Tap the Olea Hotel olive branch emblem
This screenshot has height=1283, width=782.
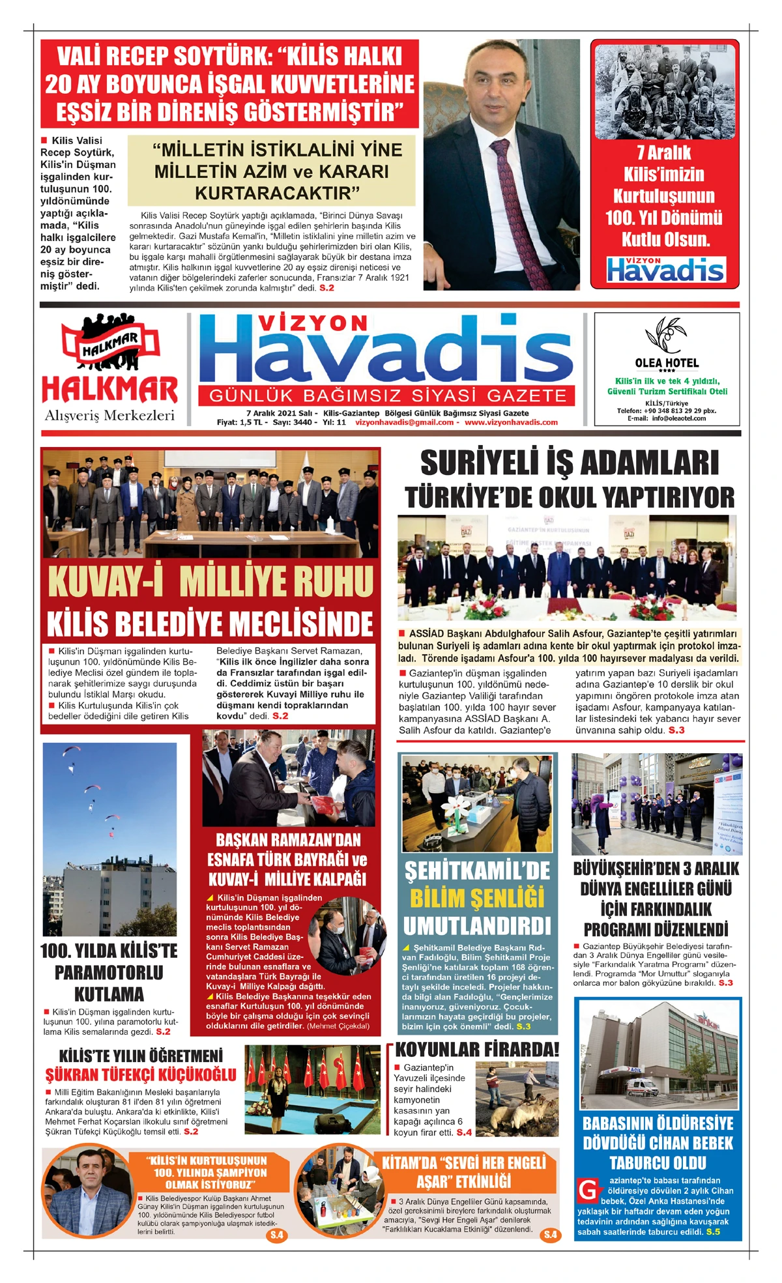pyautogui.click(x=665, y=334)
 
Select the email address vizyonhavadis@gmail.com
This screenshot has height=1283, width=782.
pyautogui.click(x=404, y=422)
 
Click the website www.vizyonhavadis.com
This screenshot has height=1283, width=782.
pyautogui.click(x=511, y=422)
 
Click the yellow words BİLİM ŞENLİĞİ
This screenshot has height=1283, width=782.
pyautogui.click(x=477, y=899)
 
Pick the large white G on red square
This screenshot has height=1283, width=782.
pyautogui.click(x=588, y=1189)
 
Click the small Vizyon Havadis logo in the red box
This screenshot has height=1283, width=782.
pyautogui.click(x=665, y=269)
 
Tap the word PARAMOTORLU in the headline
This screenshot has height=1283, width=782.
pyautogui.click(x=109, y=972)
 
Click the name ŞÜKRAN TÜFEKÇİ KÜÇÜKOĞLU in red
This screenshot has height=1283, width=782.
pyautogui.click(x=140, y=1074)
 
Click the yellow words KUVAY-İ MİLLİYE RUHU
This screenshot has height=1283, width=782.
pyautogui.click(x=210, y=581)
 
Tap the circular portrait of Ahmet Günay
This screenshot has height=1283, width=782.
pyautogui.click(x=89, y=1191)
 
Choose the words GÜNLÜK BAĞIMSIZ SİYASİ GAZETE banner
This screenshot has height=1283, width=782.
pyautogui.click(x=388, y=396)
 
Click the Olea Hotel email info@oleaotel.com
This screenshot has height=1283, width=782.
pyautogui.click(x=676, y=418)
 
